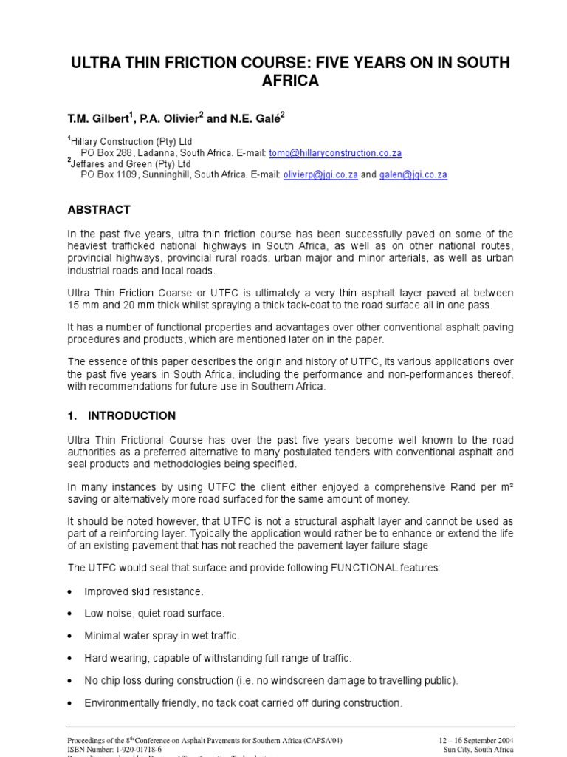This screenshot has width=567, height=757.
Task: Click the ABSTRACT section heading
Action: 99,210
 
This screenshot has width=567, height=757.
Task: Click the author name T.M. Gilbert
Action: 100,118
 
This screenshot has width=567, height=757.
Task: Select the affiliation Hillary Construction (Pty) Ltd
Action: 131,142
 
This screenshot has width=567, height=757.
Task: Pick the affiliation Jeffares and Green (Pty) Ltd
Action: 131,164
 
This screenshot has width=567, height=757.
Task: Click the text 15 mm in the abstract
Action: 83,305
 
